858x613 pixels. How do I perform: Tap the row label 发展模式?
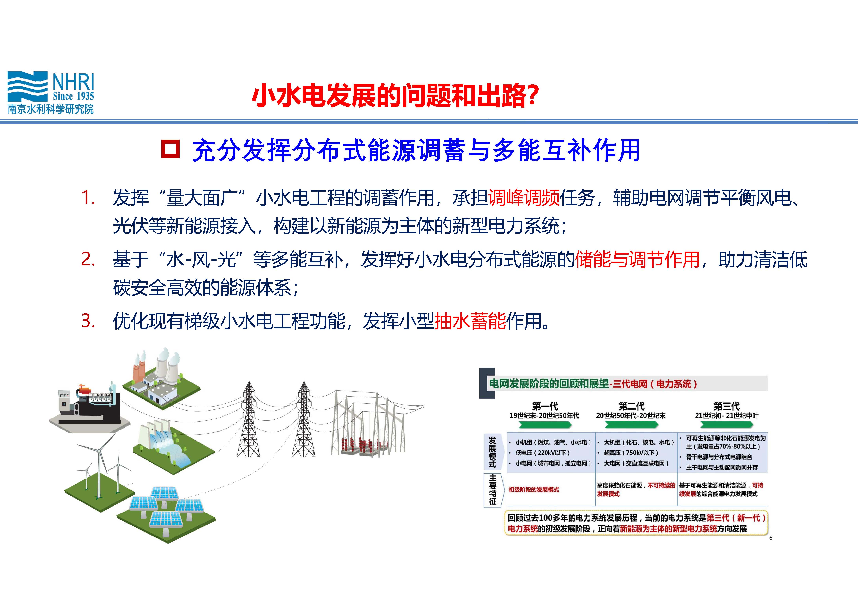[x=492, y=452]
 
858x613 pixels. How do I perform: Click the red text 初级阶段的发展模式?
[x=533, y=489]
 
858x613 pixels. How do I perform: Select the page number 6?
[x=771, y=538]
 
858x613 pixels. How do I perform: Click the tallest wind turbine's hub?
[x=99, y=451]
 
